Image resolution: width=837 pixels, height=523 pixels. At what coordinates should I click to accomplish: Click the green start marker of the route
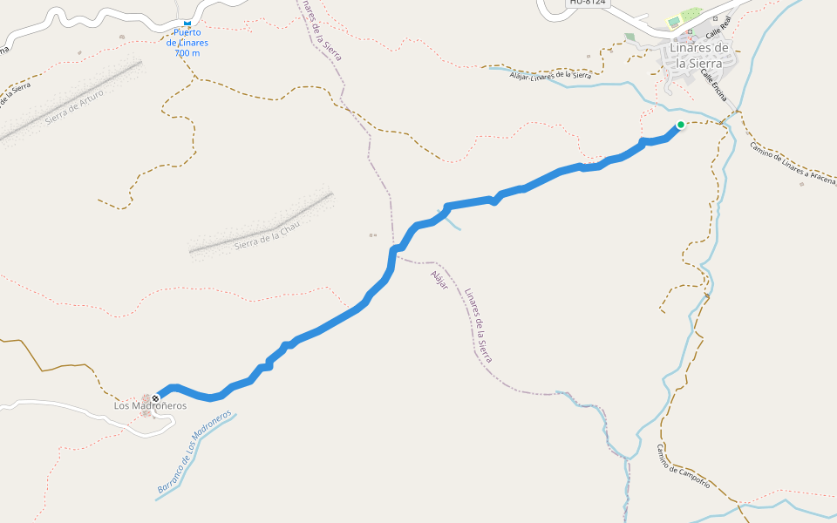[x=680, y=125]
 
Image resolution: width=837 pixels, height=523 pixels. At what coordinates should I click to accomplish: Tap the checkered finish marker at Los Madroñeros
[x=155, y=398]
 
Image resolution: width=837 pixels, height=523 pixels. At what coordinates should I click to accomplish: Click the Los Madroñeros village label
[x=150, y=406]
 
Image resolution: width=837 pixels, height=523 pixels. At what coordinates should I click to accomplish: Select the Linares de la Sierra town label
[x=701, y=53]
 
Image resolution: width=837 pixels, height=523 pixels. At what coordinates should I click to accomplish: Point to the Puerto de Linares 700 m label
[x=187, y=43]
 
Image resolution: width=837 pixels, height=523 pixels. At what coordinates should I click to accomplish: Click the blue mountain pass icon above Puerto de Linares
[x=187, y=22]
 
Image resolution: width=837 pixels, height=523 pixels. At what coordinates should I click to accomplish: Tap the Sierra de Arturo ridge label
[x=75, y=106]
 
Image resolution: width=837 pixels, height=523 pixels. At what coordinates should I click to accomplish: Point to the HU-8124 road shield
[x=587, y=3]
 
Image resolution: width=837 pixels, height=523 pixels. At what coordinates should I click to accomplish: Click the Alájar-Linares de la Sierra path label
[x=550, y=75]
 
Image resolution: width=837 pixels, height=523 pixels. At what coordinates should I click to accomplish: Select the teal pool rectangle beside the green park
[x=673, y=21]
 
